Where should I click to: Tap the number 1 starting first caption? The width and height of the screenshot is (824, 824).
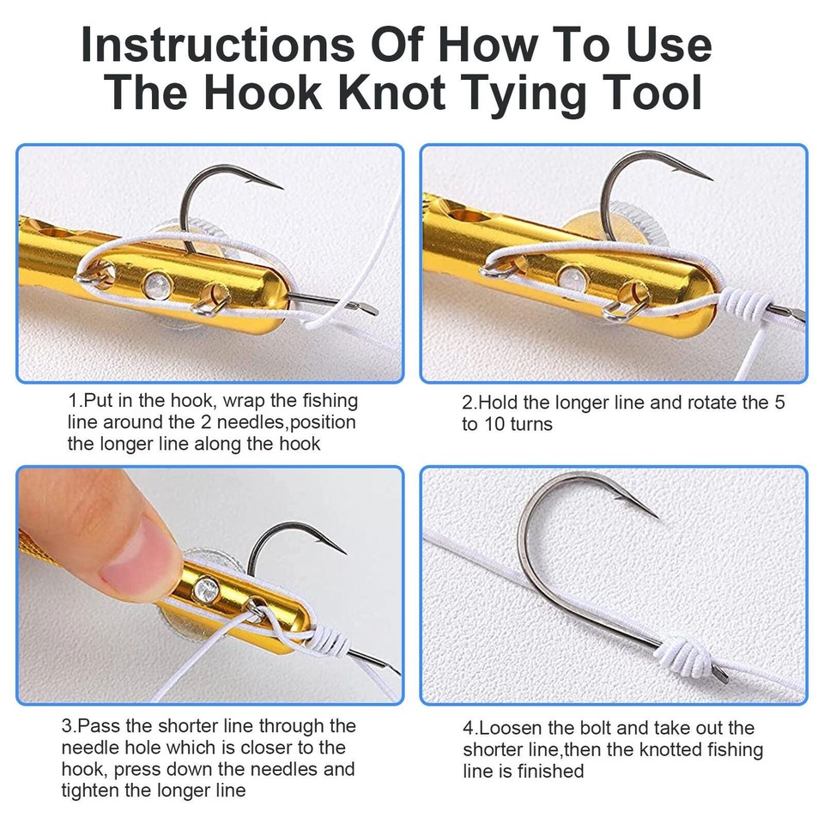pyautogui.click(x=74, y=401)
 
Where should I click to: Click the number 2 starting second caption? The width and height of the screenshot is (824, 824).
pyautogui.click(x=468, y=402)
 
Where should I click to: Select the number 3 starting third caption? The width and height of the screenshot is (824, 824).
pyautogui.click(x=67, y=726)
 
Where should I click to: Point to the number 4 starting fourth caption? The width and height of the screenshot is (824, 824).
pyautogui.click(x=469, y=728)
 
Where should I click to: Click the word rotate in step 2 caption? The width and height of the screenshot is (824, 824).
pyautogui.click(x=695, y=402)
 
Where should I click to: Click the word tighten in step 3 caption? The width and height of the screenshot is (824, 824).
pyautogui.click(x=92, y=790)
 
